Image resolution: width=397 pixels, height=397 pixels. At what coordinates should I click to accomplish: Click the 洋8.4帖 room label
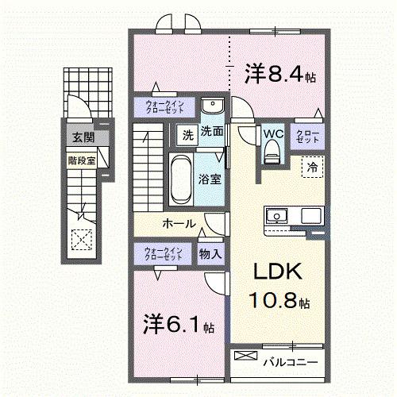[x=280, y=75]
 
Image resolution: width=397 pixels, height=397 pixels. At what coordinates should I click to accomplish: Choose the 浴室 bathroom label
[x=210, y=179]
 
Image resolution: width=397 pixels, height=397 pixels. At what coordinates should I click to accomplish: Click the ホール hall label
[x=179, y=224]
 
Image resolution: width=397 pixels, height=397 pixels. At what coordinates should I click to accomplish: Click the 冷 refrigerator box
[x=312, y=167]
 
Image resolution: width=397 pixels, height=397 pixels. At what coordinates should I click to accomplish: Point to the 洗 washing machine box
[x=187, y=133]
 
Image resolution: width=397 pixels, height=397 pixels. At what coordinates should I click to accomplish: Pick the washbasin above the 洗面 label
[x=212, y=107]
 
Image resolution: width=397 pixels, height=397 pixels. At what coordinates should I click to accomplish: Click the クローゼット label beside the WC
[x=307, y=136]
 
